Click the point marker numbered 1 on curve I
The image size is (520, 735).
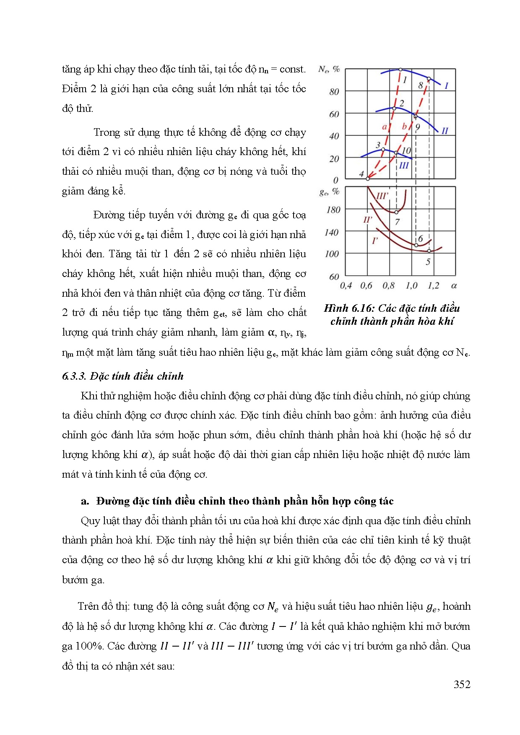click(x=400, y=70)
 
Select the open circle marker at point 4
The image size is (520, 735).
click(x=368, y=179)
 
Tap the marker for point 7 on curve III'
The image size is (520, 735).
click(x=396, y=212)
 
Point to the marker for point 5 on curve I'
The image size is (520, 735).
click(x=429, y=251)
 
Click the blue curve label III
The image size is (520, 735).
click(x=403, y=166)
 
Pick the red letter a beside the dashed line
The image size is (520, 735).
click(x=384, y=127)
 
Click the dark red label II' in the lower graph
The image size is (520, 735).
click(x=367, y=220)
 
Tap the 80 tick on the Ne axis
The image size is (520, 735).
click(x=334, y=92)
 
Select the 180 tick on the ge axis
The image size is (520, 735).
click(x=333, y=210)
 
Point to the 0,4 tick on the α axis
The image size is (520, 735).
click(x=346, y=286)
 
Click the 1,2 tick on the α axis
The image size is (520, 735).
click(x=433, y=286)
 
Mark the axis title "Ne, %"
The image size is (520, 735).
click(x=329, y=69)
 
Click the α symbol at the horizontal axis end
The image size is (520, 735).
click(x=454, y=286)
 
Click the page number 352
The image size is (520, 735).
click(x=462, y=684)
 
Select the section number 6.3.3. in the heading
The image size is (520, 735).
click(x=74, y=376)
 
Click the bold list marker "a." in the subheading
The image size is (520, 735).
click(x=85, y=501)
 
